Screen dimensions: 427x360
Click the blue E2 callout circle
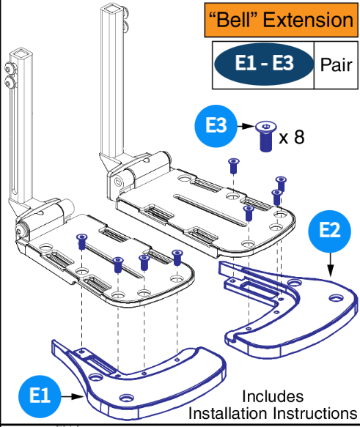coord(329,231)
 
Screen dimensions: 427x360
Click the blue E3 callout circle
coord(216,127)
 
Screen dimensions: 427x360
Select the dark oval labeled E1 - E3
coord(265,64)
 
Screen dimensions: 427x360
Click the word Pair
coord(336,64)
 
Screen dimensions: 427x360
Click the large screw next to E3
coord(264,136)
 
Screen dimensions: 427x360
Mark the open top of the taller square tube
coord(110,10)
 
